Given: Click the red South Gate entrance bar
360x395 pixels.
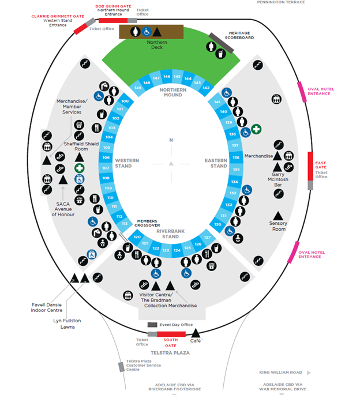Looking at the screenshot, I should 171,334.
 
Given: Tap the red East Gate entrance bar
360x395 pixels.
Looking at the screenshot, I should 310,166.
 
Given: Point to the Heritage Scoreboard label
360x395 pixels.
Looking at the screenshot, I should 241,35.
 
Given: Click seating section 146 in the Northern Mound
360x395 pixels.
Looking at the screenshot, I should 167,77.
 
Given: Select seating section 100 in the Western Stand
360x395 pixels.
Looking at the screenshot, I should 124,101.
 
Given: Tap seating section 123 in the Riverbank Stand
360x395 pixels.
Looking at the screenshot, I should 166,250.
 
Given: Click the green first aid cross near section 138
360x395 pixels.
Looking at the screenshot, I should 256,130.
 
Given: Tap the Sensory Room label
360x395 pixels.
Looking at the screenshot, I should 278,226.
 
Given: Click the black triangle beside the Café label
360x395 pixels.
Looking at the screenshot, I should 196,333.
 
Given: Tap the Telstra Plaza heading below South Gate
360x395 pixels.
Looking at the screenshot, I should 170,352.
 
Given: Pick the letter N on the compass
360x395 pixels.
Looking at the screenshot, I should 171,140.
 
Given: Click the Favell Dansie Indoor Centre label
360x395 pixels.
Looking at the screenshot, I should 47,307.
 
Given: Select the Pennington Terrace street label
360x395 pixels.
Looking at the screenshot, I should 281,2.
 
